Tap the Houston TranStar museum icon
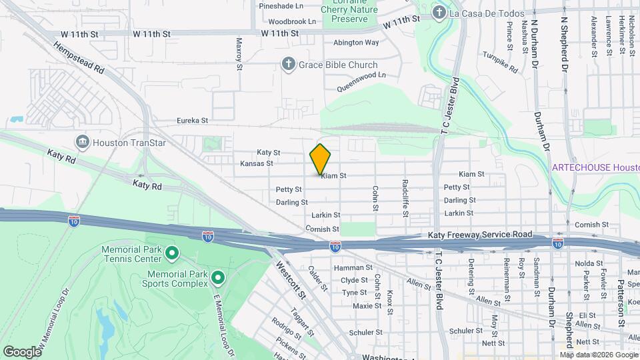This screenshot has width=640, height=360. click(83, 141)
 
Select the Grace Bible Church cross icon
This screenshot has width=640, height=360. click(288, 65)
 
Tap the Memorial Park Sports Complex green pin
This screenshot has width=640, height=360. click(217, 276)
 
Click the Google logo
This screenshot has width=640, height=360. click(22, 351)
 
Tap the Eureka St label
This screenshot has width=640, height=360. click(193, 121)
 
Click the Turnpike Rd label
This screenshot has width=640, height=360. click(500, 63)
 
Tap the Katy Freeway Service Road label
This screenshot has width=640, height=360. click(479, 235)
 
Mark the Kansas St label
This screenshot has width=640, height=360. click(257, 163)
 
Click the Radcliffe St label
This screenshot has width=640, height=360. click(405, 197)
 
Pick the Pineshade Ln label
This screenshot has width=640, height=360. click(281, 5)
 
